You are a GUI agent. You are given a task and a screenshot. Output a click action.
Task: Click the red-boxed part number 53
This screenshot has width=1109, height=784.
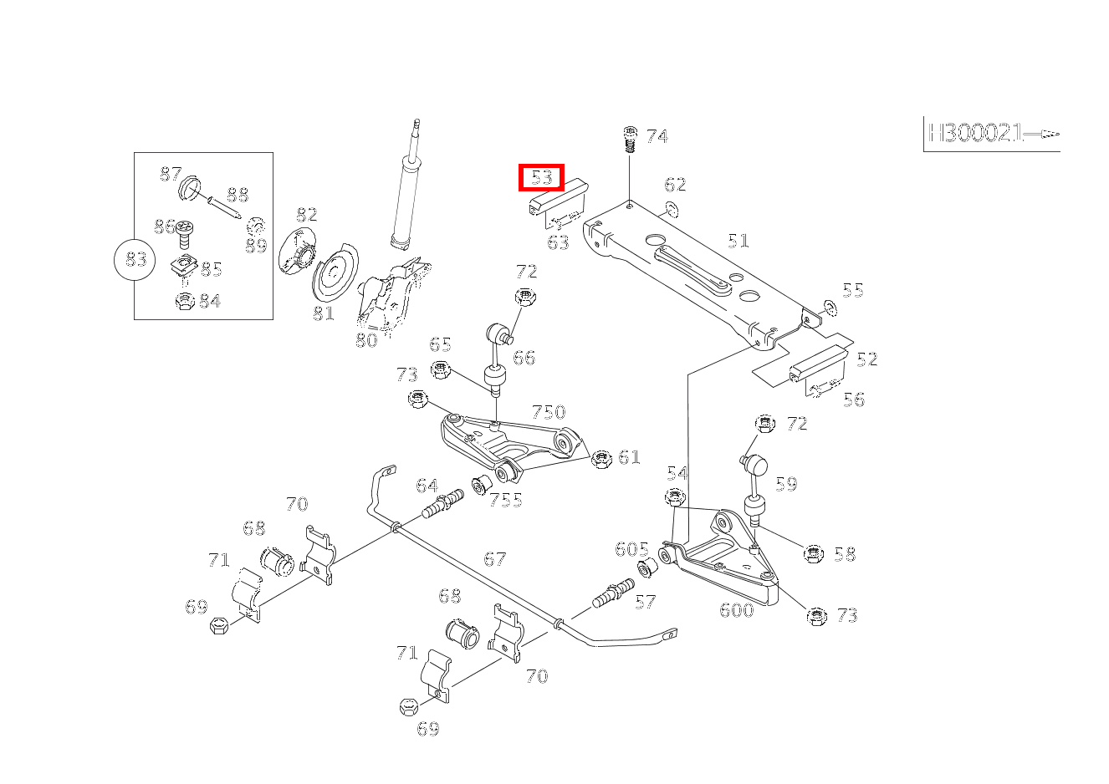[x=542, y=177]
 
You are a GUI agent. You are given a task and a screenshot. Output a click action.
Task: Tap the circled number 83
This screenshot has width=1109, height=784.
[x=135, y=260]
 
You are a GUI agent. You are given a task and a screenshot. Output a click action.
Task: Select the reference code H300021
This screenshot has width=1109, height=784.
[x=974, y=133]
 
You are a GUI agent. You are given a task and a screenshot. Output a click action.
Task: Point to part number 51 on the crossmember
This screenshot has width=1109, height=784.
[x=738, y=241]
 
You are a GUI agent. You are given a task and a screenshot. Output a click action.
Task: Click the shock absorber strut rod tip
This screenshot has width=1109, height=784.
[x=413, y=127]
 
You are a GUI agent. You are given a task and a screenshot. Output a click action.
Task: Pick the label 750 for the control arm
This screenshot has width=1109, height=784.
[x=549, y=412]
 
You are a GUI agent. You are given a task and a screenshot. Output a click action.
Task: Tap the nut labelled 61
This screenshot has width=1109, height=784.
[x=600, y=458]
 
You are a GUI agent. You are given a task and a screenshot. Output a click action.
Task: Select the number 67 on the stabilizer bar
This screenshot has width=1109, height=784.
[x=495, y=558]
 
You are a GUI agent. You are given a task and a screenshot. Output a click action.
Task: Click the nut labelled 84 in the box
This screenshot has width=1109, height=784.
[x=185, y=301]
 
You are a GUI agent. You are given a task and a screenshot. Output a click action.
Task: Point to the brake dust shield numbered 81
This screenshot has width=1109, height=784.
[x=335, y=272]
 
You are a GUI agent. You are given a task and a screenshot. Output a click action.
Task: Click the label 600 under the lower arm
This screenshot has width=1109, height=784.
[x=736, y=609]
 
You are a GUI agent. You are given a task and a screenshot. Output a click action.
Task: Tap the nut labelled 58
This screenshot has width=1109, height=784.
[x=813, y=553]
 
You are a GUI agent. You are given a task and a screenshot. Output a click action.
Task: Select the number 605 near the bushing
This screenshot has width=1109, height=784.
[x=631, y=549]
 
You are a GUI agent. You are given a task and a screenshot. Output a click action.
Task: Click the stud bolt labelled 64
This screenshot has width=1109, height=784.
[x=443, y=503]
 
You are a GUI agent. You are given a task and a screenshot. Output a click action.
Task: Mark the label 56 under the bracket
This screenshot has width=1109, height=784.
[x=853, y=400]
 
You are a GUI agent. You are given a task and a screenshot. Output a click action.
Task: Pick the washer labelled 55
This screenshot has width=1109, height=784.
[x=829, y=308]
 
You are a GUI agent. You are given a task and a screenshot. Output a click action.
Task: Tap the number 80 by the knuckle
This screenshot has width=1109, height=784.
[x=366, y=340]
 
